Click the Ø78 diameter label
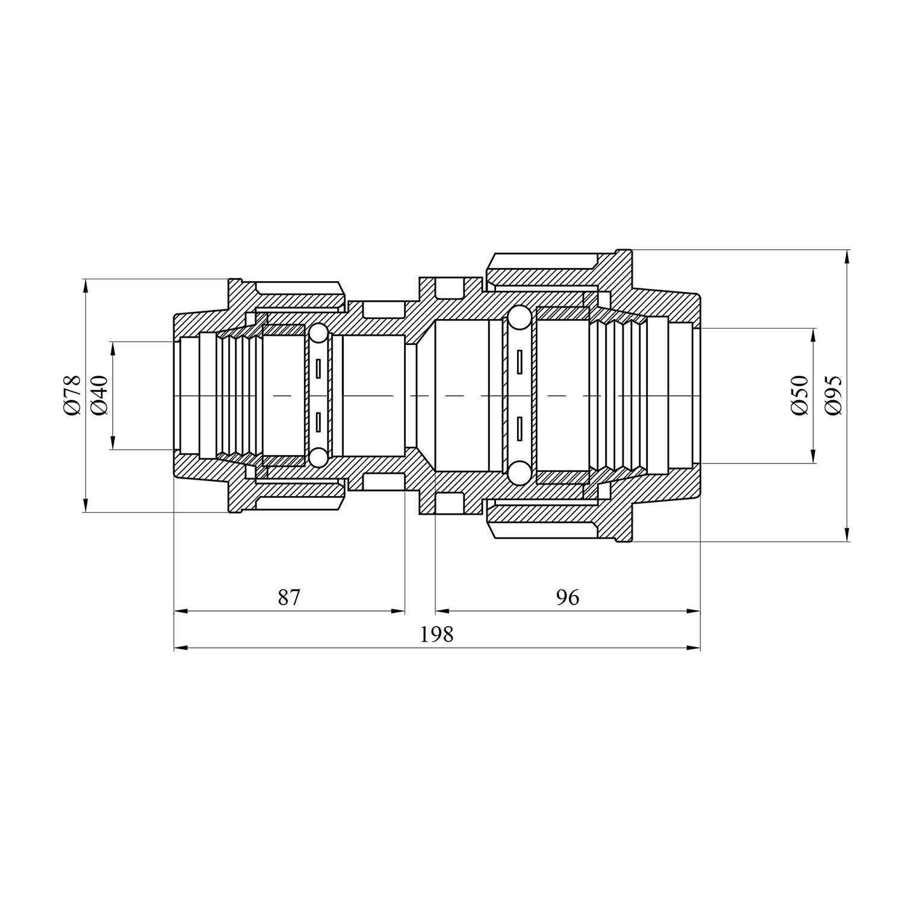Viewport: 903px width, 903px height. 70,395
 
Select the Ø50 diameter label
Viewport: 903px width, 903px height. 799,395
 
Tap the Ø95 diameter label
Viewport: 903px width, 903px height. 833,395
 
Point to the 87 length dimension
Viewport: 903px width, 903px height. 289,598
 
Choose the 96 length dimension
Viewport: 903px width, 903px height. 568,598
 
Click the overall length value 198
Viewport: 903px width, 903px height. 437,635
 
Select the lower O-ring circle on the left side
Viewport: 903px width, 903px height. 318,457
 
